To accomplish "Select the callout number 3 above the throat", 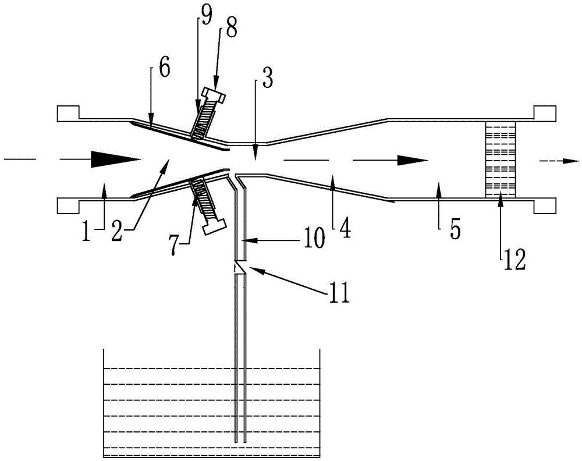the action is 268,79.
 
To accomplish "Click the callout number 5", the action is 455,229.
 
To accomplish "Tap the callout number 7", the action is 174,246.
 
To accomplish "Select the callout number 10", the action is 313,239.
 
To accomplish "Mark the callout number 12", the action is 514,261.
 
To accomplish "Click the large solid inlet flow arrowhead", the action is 116,160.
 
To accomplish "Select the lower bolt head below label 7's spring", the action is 215,227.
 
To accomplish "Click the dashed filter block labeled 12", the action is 501,159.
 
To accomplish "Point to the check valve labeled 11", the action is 240,268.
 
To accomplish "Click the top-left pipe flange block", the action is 68,114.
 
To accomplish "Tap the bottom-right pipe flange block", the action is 545,206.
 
